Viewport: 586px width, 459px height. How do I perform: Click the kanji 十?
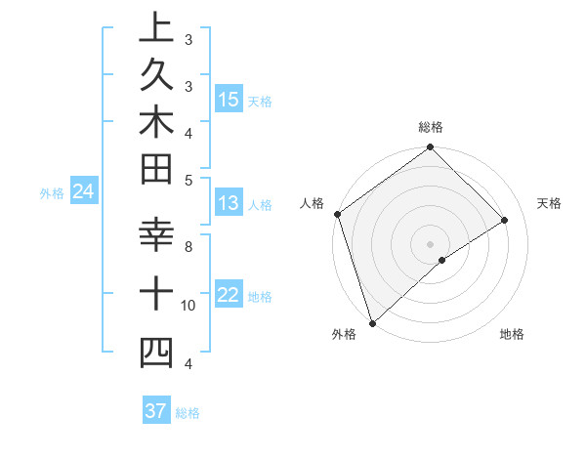pos(156,294)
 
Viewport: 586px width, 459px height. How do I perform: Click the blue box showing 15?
pos(229,99)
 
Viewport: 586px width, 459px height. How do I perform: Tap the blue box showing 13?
pos(229,203)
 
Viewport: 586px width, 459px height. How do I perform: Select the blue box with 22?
pos(229,296)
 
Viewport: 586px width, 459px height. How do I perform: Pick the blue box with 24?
pos(83,191)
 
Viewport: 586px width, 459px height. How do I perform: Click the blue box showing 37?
pos(156,411)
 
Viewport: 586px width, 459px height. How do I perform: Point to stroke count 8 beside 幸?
pos(188,246)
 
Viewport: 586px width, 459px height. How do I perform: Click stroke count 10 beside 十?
pos(188,306)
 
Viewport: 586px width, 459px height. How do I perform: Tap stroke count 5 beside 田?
pos(188,180)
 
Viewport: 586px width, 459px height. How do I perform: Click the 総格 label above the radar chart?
pos(431,127)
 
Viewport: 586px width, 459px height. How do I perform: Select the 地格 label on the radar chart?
pos(512,335)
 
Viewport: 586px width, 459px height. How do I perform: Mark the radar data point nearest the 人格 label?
pos(337,214)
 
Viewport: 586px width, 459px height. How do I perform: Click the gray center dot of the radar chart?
pos(431,243)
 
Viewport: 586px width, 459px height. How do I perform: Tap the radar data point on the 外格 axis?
pos(372,322)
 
